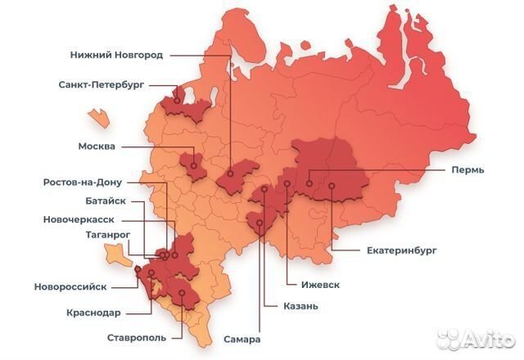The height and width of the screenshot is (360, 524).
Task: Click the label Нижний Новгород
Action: pos(116,56)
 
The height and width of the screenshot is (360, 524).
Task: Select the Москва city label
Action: pos(97,147)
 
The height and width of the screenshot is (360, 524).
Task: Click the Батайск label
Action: pos(106,201)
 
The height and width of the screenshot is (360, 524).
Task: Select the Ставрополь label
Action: pos(137,337)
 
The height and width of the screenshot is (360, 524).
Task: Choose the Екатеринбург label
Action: pos(378,250)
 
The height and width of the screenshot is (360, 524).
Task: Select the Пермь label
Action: pos(467,169)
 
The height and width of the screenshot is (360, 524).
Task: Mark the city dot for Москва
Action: pos(194,165)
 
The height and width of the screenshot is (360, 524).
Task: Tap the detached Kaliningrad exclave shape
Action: pos(99,116)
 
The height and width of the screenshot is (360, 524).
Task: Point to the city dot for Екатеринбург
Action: pos(332,186)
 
